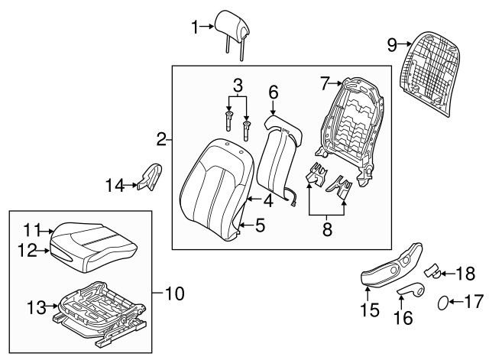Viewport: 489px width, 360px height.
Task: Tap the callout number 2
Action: (161, 139)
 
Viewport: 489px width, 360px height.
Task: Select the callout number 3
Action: (238, 86)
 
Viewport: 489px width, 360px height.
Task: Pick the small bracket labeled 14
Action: (151, 176)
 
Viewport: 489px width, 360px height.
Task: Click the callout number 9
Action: (392, 45)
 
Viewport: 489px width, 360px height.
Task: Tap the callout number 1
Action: (195, 28)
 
